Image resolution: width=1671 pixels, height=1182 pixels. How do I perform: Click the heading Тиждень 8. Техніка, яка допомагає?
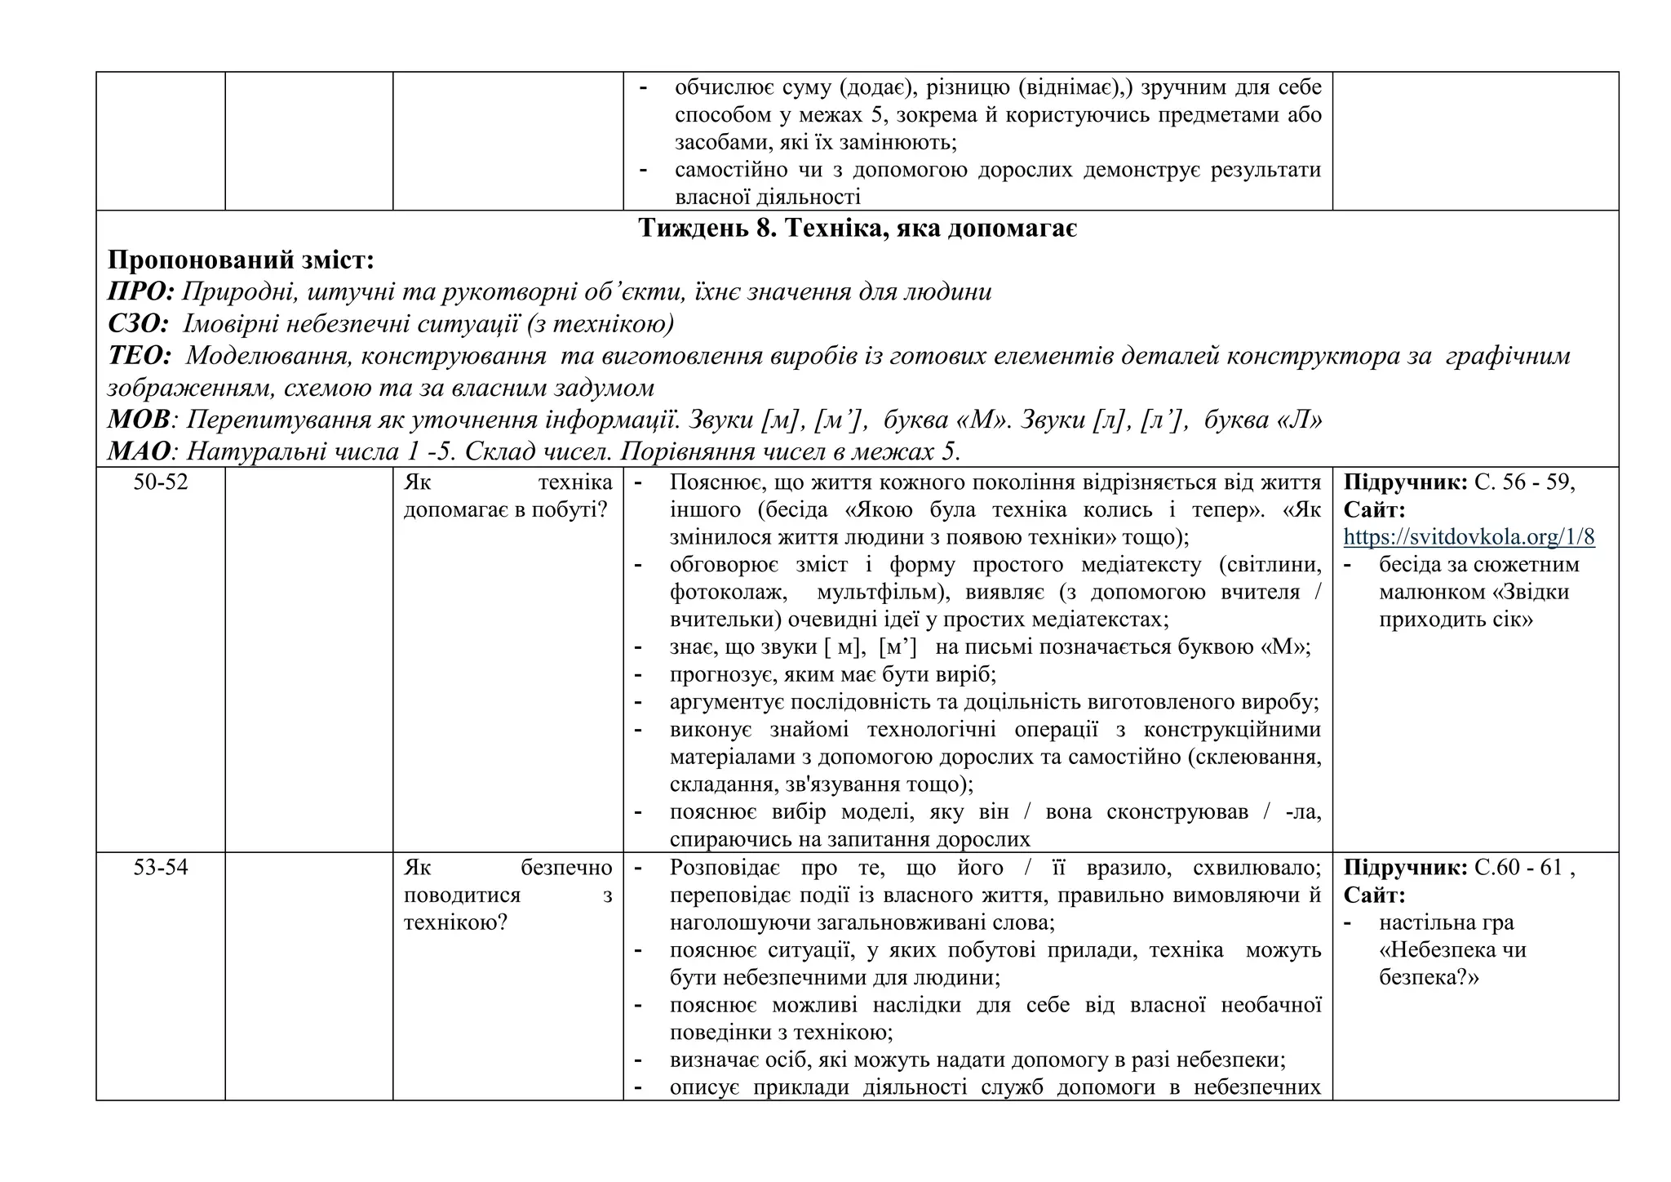(857, 229)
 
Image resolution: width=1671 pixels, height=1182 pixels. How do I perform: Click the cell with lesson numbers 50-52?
(161, 482)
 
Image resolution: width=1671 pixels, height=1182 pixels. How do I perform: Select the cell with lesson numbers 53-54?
(161, 868)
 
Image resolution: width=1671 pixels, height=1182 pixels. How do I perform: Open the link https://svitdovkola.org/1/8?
(1469, 537)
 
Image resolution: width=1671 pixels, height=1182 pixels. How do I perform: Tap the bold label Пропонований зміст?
(241, 260)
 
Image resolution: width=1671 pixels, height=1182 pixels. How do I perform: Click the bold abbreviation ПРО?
(141, 292)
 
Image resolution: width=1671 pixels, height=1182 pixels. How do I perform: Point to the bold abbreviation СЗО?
(138, 324)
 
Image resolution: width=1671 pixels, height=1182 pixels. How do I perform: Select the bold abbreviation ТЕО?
(140, 356)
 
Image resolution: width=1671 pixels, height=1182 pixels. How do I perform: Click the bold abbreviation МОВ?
(139, 420)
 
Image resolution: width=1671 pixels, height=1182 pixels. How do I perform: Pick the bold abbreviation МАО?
(139, 451)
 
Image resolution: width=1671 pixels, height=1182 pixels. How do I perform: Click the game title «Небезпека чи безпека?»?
(1452, 963)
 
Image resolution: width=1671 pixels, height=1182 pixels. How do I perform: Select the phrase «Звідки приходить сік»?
(1473, 606)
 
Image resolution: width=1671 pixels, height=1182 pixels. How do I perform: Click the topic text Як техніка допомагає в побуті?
(508, 496)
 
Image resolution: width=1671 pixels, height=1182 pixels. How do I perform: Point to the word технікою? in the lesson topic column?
(455, 923)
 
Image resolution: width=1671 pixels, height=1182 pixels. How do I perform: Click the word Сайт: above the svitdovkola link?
(1374, 510)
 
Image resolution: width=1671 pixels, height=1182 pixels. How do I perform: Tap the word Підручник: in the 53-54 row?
(1405, 868)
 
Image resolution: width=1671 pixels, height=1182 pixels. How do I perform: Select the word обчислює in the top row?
(719, 87)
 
